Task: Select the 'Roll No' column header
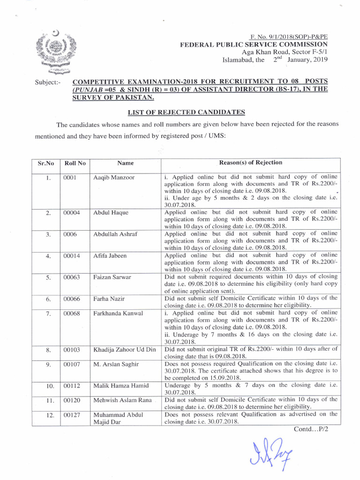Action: [x=75, y=163]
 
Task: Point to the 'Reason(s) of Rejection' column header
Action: [x=251, y=163]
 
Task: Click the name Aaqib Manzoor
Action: [x=114, y=178]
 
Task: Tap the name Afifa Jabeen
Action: [x=110, y=256]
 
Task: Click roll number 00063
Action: [x=73, y=277]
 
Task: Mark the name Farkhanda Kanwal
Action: [x=118, y=313]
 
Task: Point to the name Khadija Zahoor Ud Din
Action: [x=124, y=350]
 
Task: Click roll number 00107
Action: [x=73, y=364]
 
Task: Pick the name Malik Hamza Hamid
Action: [x=121, y=386]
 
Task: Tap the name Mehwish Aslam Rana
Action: [x=122, y=400]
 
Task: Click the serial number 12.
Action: [x=48, y=415]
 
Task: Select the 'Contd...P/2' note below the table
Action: [x=310, y=429]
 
